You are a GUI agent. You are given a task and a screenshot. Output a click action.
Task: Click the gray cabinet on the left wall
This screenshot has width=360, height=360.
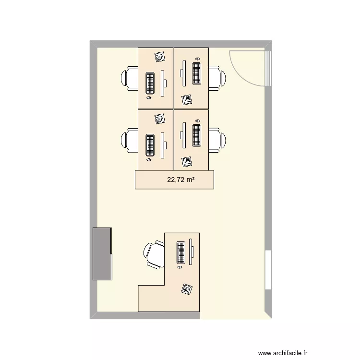point(102,254)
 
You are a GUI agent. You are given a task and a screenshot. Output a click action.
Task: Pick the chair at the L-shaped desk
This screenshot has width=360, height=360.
point(154,254)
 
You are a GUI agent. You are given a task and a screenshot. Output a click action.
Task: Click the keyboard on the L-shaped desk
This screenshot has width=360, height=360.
point(181,252)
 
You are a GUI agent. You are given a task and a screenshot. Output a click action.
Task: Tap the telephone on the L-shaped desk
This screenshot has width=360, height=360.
point(186,289)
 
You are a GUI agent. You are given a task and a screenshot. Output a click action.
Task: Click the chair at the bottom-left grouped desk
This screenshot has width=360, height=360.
point(131,140)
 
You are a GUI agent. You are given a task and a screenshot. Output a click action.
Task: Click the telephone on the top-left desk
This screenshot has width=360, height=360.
point(160,57)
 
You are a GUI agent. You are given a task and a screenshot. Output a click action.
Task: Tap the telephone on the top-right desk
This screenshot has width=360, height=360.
point(187,100)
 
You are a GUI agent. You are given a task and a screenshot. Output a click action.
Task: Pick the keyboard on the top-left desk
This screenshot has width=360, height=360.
point(150,83)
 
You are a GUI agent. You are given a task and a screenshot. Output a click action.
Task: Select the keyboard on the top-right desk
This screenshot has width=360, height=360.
point(196,73)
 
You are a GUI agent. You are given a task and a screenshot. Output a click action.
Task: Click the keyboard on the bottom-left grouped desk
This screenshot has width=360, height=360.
point(150,145)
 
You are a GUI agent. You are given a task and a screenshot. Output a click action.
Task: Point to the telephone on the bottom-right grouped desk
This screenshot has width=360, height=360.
point(187,161)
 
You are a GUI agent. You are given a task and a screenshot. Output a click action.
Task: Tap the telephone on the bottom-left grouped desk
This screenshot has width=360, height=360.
point(160,118)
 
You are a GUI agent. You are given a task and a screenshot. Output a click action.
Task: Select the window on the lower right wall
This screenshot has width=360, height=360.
point(268,270)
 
